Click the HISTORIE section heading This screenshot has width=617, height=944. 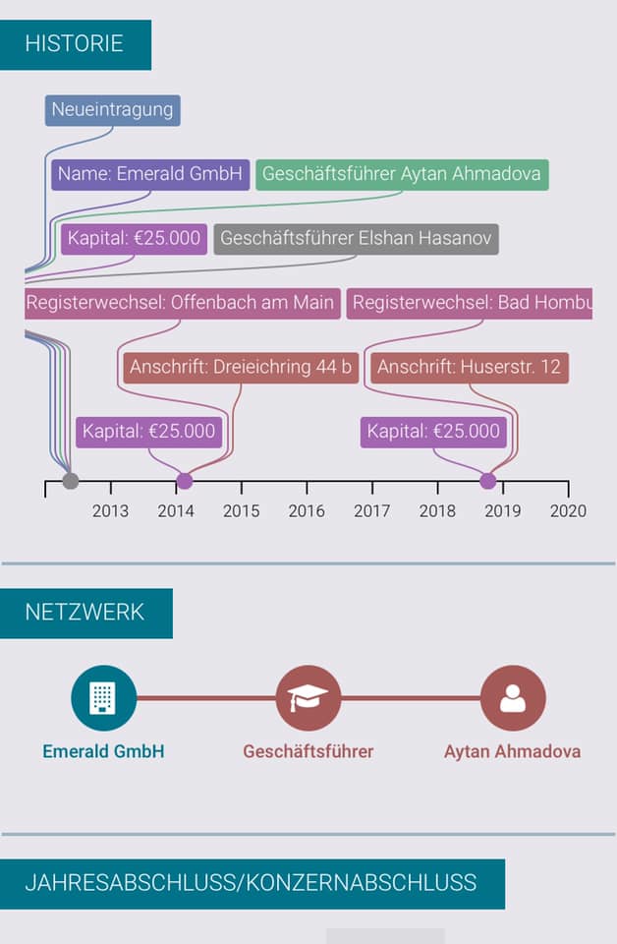pos(75,44)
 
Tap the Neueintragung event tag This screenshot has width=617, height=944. pos(112,110)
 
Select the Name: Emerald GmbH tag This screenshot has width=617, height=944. pos(150,174)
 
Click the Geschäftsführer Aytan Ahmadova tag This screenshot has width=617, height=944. pos(402,174)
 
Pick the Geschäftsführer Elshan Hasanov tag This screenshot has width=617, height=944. pos(356,239)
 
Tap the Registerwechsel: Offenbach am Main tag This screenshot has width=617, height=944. pos(182,303)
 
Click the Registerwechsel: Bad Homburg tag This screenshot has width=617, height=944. pos(470,303)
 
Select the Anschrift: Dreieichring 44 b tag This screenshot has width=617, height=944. pos(241,368)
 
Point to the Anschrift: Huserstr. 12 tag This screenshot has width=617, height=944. pos(470,368)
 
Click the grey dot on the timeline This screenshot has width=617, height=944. pos(70,481)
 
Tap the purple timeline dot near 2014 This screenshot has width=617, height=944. pos(184,481)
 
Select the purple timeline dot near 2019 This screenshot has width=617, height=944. pos(488,481)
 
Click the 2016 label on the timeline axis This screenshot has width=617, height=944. pos(307,510)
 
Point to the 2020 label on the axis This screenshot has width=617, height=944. pos(568,510)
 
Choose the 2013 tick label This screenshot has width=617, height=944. pos(110,510)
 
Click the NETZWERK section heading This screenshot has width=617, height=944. pos(84,613)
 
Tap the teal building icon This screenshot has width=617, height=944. pos(103,698)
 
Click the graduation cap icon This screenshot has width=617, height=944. pos(308,698)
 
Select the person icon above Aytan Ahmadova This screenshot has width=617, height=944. pos(512,698)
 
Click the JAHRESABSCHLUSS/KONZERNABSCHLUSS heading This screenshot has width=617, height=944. pos(251,883)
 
